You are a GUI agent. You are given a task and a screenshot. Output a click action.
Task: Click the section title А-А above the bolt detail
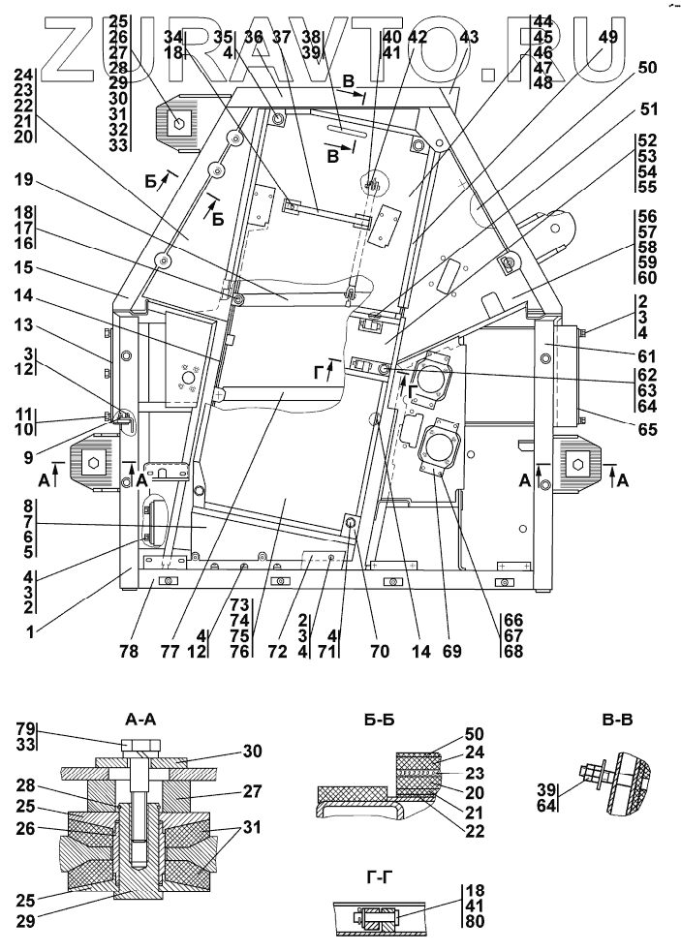click(x=139, y=721)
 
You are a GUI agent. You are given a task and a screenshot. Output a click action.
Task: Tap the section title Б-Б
click(x=379, y=721)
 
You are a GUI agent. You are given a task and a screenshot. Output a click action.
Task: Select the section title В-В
click(x=617, y=721)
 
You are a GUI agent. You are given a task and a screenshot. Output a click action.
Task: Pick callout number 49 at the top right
click(x=607, y=37)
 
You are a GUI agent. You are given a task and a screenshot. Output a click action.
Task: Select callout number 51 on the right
click(x=648, y=109)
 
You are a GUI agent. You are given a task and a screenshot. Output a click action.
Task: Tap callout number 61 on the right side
click(x=648, y=356)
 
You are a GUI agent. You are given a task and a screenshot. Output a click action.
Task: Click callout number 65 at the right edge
click(x=648, y=429)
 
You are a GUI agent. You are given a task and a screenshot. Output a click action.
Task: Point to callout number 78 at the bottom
click(x=129, y=652)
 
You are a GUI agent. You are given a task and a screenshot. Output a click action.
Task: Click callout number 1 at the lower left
click(x=30, y=632)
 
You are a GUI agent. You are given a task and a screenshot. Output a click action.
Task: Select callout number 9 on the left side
click(x=28, y=456)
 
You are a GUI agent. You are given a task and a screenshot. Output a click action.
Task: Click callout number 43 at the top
click(x=469, y=37)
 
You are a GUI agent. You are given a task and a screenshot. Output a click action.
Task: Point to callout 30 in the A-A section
click(x=252, y=752)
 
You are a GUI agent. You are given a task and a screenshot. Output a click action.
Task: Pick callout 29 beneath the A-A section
click(x=25, y=921)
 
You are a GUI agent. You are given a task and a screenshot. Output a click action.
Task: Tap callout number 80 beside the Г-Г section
click(x=475, y=921)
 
